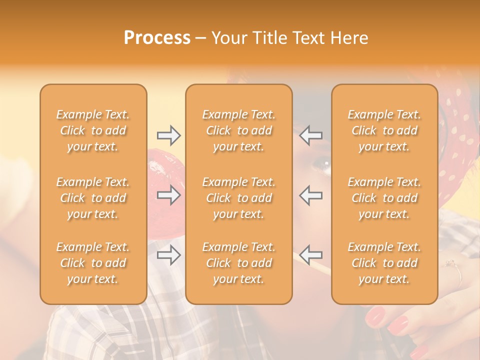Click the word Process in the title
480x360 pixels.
tap(157, 38)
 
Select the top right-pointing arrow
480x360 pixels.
tap(169, 135)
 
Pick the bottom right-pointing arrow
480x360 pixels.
tap(169, 255)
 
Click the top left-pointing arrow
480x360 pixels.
tap(310, 135)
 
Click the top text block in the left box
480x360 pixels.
tap(93, 130)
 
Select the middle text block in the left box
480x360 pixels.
tap(93, 198)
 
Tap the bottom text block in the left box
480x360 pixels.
tap(93, 263)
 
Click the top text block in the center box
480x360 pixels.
tap(239, 130)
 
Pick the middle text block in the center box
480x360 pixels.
tap(239, 198)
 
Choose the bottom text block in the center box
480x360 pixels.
tap(239, 263)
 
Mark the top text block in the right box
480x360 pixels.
tap(384, 130)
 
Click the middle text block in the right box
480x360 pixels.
tap(384, 198)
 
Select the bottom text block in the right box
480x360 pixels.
tap(384, 263)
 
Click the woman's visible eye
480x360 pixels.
tap(322, 163)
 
